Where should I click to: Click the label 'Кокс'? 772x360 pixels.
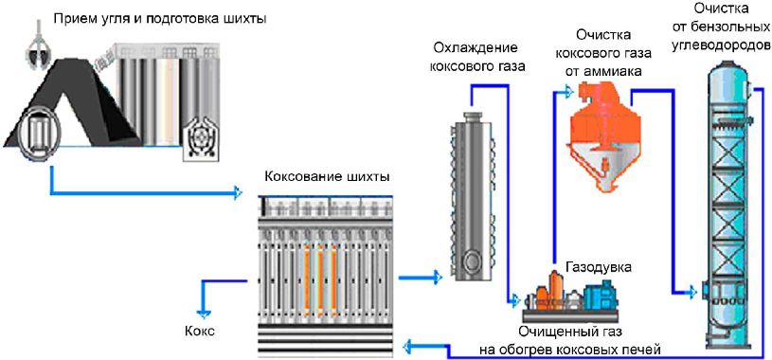(x=200, y=331)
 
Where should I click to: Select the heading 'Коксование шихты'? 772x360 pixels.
(x=327, y=176)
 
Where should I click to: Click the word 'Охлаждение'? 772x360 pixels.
(x=475, y=48)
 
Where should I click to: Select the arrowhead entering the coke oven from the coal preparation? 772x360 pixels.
(x=238, y=192)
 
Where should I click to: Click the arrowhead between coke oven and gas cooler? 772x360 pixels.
(x=438, y=278)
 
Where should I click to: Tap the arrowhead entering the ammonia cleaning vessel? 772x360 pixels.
(x=567, y=91)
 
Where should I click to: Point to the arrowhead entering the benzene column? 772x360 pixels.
(x=692, y=292)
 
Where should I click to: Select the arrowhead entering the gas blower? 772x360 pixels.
(x=515, y=299)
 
